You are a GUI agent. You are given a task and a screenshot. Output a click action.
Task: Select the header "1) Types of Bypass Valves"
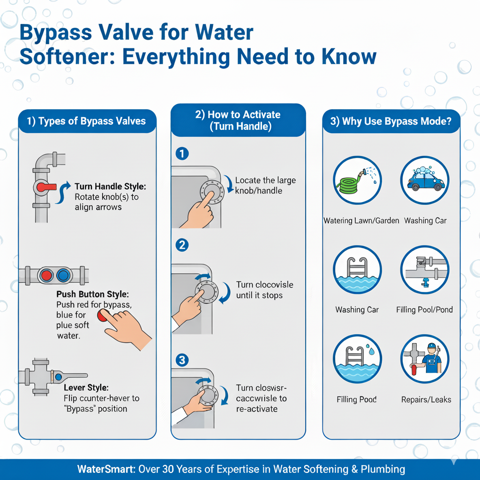tap(86, 121)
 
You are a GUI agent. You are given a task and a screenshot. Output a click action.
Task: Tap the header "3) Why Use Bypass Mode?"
tap(391, 121)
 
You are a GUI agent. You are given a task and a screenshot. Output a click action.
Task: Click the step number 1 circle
tap(181, 154)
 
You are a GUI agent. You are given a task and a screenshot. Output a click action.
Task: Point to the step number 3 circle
tap(181, 360)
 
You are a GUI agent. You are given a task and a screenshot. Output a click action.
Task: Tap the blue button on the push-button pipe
tap(62, 276)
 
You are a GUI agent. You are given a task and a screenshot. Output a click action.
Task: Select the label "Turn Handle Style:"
tap(111, 187)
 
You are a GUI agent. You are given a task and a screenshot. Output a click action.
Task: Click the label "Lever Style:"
tap(86, 388)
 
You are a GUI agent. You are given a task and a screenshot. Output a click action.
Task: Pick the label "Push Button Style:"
tap(92, 295)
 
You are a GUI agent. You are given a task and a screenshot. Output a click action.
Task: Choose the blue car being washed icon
tap(425, 180)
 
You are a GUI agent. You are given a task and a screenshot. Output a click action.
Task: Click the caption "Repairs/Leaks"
tap(426, 400)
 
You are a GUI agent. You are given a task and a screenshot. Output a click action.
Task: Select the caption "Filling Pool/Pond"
tap(424, 310)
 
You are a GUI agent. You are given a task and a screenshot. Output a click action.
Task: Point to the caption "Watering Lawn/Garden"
tap(361, 220)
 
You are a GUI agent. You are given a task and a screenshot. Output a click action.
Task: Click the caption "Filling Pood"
tap(357, 400)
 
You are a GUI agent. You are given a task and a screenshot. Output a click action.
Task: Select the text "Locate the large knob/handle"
tap(265, 186)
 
